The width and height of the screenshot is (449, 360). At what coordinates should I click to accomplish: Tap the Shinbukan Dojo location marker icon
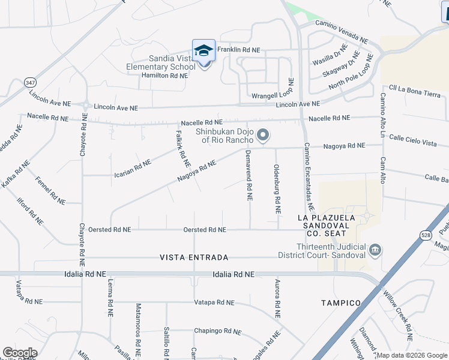pyautogui.click(x=262, y=135)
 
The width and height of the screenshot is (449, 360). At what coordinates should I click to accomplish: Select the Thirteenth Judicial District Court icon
pyautogui.click(x=375, y=250)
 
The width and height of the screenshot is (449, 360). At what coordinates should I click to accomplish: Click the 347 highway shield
pyautogui.click(x=29, y=81)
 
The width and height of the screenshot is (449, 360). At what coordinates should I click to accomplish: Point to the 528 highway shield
pyautogui.click(x=426, y=236)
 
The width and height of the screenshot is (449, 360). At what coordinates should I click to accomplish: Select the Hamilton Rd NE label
pyautogui.click(x=164, y=76)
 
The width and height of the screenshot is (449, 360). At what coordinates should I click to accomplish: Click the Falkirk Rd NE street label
pyautogui.click(x=183, y=149)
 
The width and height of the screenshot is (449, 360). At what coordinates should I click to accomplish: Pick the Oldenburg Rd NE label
pyautogui.click(x=277, y=189)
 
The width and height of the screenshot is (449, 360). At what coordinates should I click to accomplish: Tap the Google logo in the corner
pyautogui.click(x=20, y=352)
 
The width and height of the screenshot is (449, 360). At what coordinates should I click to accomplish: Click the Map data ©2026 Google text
pyautogui.click(x=412, y=355)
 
